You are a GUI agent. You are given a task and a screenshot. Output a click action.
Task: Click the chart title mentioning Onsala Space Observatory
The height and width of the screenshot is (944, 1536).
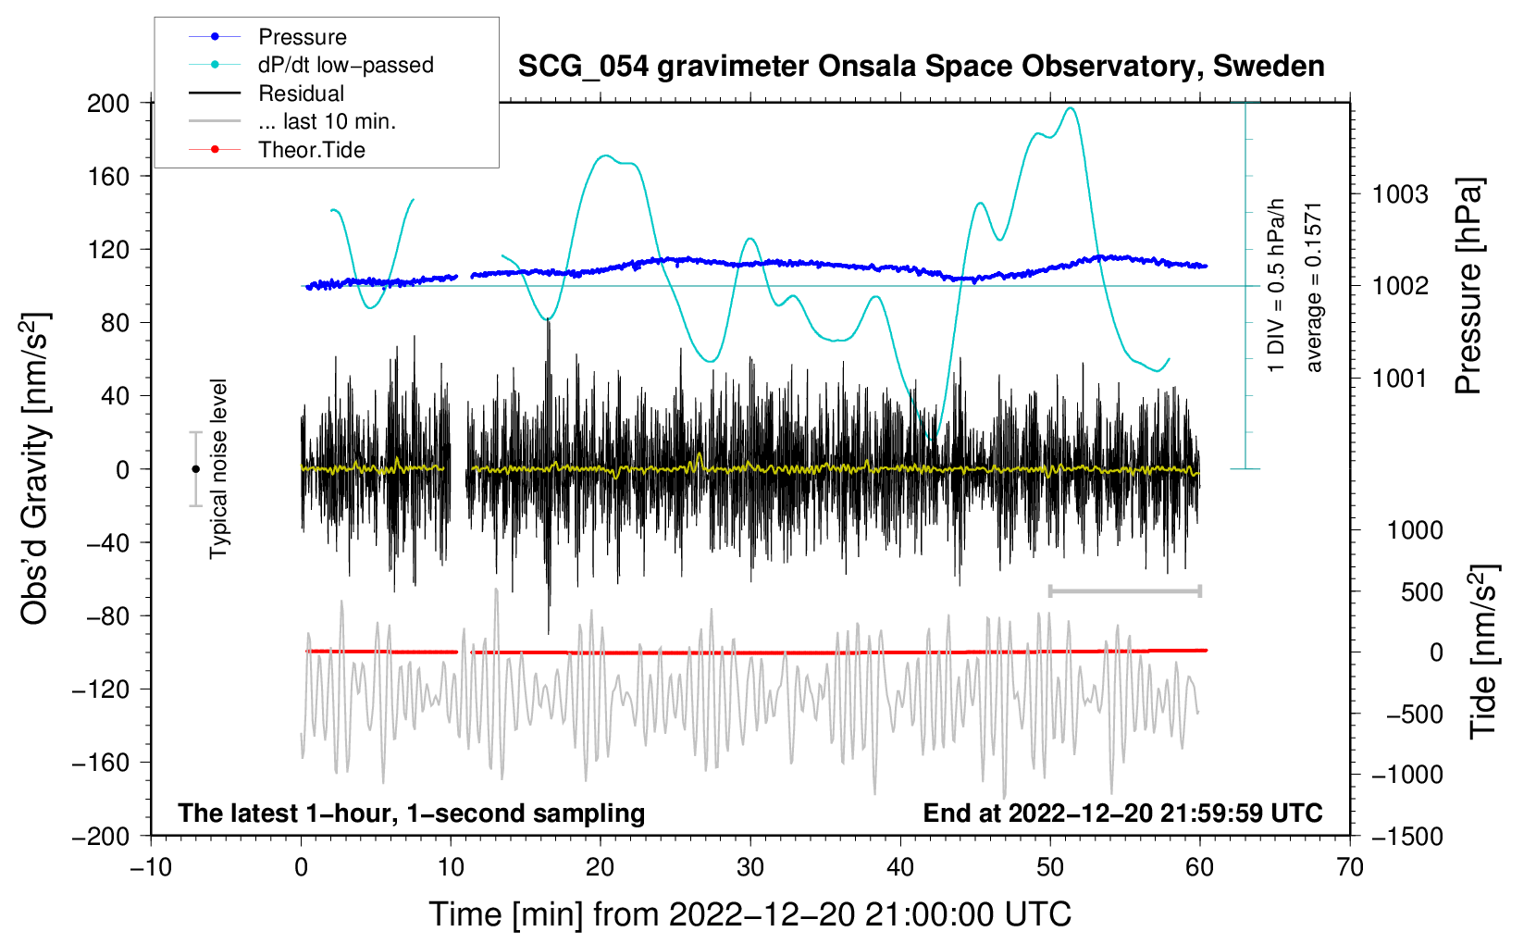point(921,67)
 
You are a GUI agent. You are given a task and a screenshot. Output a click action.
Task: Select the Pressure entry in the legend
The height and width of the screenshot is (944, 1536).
point(302,37)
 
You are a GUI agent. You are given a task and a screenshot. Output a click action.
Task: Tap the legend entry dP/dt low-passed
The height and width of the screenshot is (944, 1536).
point(345,65)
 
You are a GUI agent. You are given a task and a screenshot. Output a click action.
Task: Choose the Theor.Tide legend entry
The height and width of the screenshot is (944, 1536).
point(311,150)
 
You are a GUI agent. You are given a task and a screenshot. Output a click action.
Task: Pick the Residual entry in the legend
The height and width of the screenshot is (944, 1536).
point(301,93)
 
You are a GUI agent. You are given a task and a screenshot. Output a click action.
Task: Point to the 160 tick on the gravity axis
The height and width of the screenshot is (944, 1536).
point(108,176)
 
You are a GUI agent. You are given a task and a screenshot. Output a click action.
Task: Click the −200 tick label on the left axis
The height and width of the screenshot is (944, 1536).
point(102,836)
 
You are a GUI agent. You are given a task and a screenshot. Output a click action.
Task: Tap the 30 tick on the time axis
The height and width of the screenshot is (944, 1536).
point(750,867)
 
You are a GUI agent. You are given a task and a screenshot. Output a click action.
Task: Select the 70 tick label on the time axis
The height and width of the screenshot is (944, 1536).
point(1350,867)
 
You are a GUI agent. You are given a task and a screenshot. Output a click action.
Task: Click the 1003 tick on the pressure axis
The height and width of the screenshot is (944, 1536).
point(1400,194)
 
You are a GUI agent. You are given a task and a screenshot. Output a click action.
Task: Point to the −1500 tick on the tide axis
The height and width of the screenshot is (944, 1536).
point(1406,836)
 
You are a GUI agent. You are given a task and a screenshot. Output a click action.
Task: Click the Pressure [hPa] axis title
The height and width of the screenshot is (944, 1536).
point(1468,287)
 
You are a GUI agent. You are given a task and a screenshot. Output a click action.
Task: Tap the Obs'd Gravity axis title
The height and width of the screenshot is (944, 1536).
point(35,469)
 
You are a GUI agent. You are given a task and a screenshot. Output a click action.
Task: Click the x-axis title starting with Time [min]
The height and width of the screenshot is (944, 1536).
point(750,914)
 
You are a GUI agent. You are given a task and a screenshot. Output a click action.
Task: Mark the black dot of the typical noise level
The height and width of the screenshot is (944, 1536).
point(195,469)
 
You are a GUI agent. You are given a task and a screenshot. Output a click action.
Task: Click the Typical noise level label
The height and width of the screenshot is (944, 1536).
point(218,469)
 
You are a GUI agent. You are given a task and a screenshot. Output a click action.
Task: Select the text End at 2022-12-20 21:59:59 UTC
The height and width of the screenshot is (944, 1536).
point(1122,813)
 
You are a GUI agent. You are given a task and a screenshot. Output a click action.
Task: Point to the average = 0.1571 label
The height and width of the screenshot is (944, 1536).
point(1314,287)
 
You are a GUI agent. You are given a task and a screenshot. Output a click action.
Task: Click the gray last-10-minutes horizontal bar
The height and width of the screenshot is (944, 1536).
point(1124,590)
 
